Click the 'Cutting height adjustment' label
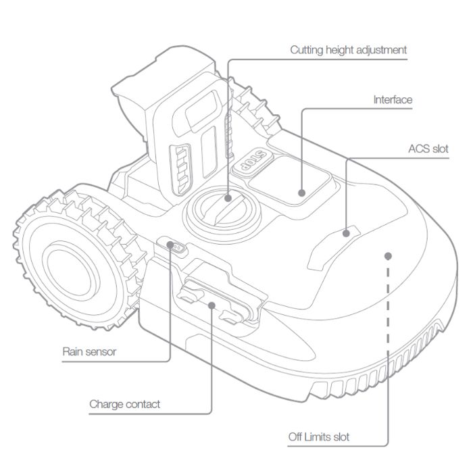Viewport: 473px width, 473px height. click(348, 50)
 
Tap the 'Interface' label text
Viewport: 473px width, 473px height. click(393, 100)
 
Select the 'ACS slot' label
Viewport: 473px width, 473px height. click(428, 149)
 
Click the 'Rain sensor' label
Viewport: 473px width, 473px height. click(89, 351)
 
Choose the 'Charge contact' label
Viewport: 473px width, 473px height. click(125, 404)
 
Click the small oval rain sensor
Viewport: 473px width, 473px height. click(176, 247)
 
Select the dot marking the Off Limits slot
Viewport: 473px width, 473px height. click(387, 255)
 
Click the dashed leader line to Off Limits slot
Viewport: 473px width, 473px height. click(387, 338)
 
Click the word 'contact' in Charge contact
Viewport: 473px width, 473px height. click(143, 404)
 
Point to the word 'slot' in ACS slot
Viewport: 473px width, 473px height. click(439, 149)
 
